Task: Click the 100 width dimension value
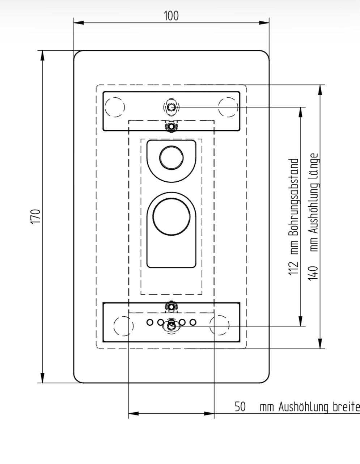click(171, 16)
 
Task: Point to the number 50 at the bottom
click(240, 406)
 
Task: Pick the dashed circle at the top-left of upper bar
click(115, 107)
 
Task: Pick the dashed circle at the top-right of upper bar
click(228, 107)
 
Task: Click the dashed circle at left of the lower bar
click(123, 325)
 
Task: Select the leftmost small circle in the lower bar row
click(149, 322)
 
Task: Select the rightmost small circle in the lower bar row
click(193, 322)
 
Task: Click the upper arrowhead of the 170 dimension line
click(43, 56)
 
